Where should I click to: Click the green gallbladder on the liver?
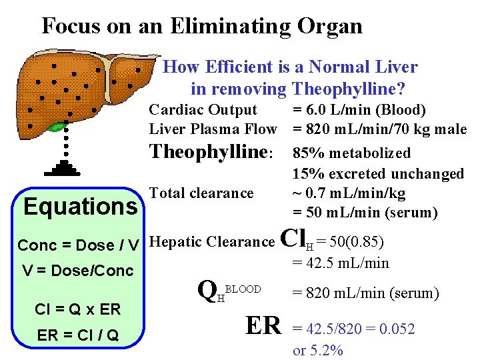tap(58, 127)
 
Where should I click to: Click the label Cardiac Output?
tap(203, 109)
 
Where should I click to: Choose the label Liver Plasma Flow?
tap(213, 129)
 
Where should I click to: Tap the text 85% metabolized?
tap(351, 153)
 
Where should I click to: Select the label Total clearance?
tap(202, 193)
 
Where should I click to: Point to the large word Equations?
tap(80, 207)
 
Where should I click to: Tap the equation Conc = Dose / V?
tap(78, 245)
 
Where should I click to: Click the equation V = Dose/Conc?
tap(77, 271)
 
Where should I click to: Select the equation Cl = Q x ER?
tap(77, 310)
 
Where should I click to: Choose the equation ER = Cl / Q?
tap(77, 335)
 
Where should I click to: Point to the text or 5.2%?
tap(318, 350)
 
